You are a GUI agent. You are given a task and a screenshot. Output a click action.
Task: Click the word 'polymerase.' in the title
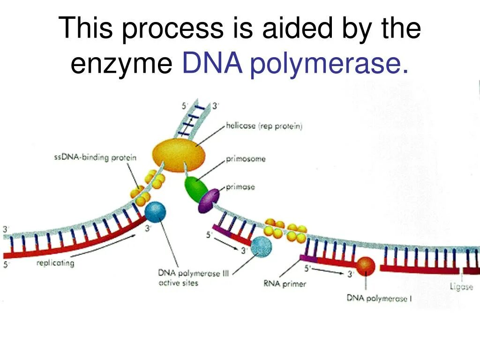point(329,64)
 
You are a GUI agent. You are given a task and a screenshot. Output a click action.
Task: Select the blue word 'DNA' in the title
point(212,63)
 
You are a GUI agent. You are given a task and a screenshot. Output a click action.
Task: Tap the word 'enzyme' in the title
point(121,64)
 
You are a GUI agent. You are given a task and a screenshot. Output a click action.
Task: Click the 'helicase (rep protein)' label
point(264,126)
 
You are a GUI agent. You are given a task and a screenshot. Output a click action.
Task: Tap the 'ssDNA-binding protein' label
point(95,157)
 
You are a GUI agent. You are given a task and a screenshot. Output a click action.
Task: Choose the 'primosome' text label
point(246,159)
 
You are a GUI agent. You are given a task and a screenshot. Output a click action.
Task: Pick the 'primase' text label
point(240,187)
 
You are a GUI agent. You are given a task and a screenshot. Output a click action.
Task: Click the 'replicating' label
point(55,263)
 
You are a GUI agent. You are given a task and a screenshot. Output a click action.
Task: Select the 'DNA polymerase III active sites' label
point(193,278)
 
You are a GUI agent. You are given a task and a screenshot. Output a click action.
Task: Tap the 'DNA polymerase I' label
point(379,298)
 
